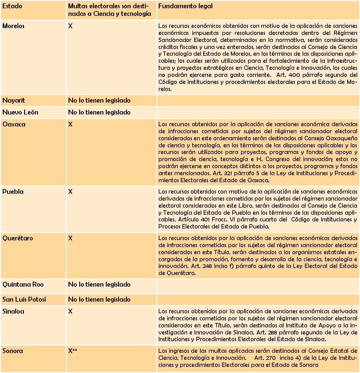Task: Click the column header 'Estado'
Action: tap(12, 6)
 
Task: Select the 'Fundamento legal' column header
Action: tap(185, 6)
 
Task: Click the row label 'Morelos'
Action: tap(13, 26)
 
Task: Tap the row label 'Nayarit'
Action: tap(14, 100)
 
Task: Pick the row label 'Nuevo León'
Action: tap(20, 112)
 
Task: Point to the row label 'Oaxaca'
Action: tap(14, 124)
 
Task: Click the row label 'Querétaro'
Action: tap(18, 238)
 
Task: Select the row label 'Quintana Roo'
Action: tap(23, 284)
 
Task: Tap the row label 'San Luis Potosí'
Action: tap(24, 300)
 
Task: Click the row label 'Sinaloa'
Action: tap(13, 311)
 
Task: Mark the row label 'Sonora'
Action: tap(13, 351)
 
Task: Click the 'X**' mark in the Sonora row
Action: tap(73, 351)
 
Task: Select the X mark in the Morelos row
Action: tap(70, 26)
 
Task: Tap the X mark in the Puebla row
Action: tap(70, 192)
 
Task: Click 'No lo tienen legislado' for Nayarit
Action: tap(99, 100)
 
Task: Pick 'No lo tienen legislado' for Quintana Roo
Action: tap(99, 284)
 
